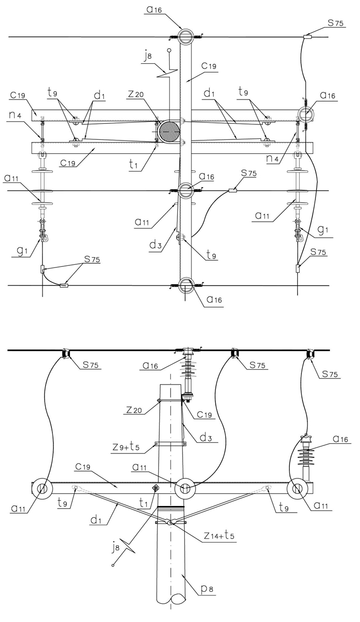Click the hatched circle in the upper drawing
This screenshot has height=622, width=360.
(x=169, y=130)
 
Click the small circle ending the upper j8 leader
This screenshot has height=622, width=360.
(x=169, y=51)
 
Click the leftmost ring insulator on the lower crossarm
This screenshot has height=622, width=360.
(x=42, y=488)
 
